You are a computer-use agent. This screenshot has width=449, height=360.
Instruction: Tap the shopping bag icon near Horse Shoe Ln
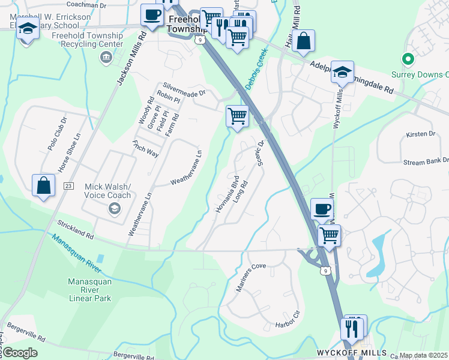44,185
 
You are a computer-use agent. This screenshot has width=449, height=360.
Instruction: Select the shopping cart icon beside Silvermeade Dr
237,116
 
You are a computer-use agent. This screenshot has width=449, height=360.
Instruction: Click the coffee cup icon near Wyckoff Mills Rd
322,209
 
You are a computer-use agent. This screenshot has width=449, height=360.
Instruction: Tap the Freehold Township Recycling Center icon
106,57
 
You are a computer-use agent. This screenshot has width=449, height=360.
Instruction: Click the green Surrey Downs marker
408,59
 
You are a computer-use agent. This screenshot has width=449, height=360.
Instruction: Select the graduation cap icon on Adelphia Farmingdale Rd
342,72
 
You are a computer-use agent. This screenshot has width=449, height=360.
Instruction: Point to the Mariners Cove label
250,277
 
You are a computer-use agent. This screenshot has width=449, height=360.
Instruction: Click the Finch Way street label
145,149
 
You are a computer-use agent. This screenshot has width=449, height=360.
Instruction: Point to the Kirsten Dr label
419,134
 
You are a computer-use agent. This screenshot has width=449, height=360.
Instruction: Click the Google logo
20,353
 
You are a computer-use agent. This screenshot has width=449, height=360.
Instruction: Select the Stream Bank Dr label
426,161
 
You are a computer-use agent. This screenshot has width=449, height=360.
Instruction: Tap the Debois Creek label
255,70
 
